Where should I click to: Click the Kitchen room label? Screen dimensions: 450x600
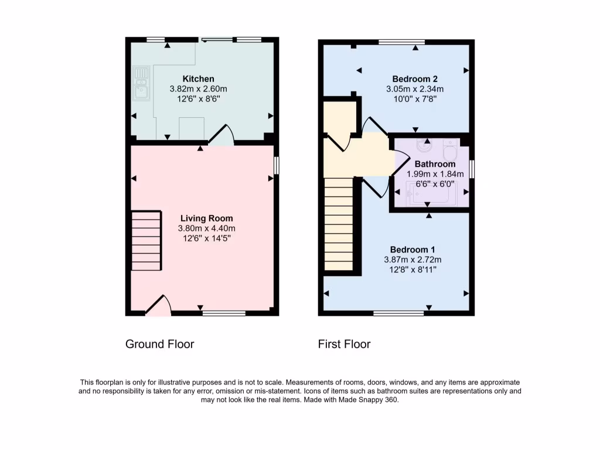198,79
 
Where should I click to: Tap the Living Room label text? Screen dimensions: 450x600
198,219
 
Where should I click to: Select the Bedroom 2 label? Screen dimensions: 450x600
415,79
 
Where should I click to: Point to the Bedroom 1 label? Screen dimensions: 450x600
412,249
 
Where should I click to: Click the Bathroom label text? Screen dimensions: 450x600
435,164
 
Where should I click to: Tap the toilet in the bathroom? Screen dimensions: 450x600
451,151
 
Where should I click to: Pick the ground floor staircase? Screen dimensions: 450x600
146,241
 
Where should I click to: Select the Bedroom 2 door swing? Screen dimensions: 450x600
371,126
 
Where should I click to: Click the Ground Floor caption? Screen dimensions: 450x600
159,344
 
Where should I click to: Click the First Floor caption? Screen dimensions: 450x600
344,344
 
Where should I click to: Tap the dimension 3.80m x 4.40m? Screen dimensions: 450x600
198,229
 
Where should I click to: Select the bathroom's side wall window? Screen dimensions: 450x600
472,169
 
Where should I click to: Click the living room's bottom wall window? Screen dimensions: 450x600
224,313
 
